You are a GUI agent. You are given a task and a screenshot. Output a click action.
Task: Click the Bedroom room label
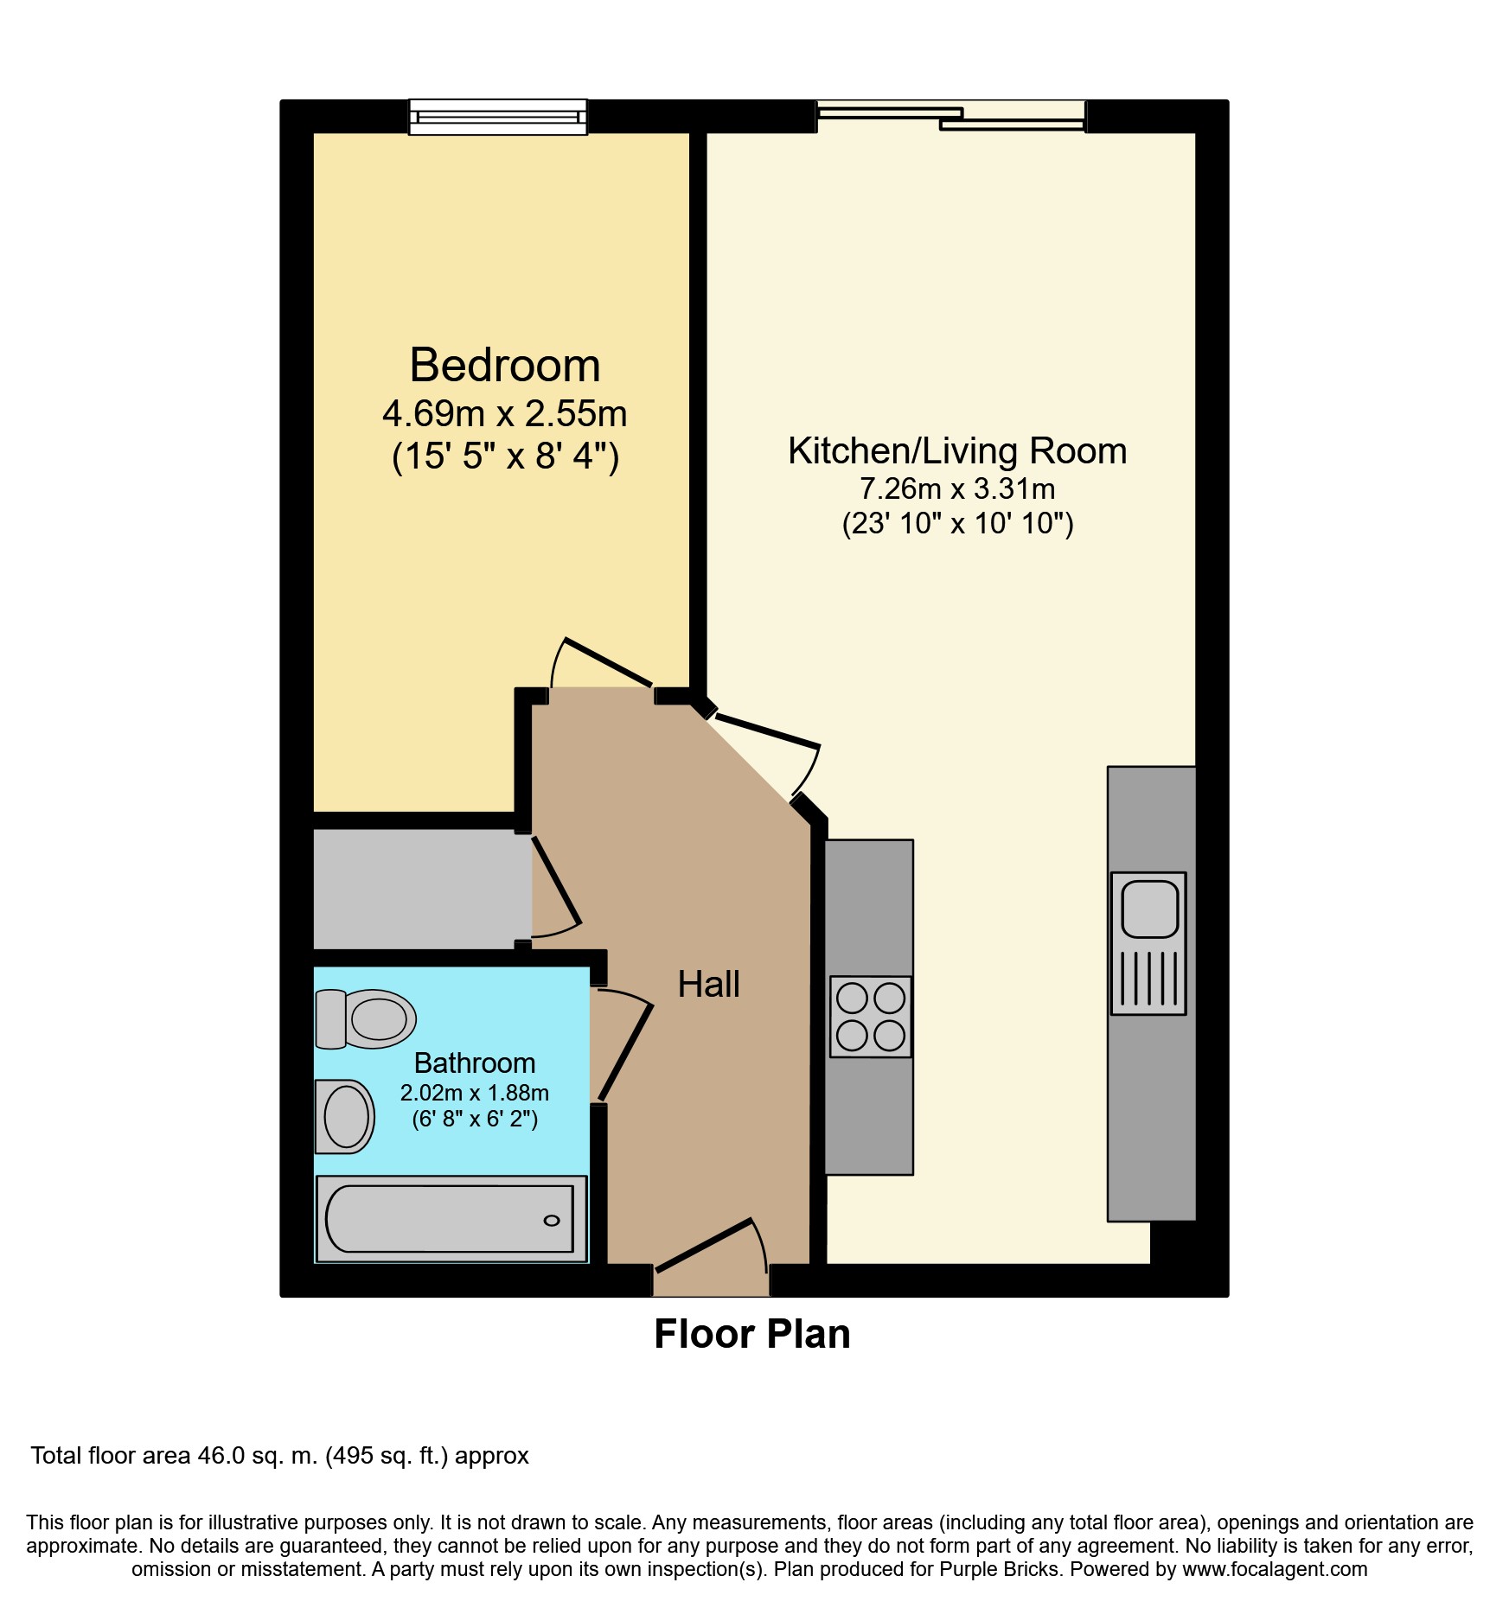click(504, 365)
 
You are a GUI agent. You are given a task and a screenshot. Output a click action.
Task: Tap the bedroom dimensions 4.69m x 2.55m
click(504, 414)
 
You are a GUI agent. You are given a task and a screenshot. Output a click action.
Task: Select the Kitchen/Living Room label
click(957, 451)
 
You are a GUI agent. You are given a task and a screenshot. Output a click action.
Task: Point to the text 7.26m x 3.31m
click(957, 489)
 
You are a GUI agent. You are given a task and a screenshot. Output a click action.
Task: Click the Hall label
click(708, 985)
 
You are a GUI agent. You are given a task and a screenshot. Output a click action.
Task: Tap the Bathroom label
click(475, 1062)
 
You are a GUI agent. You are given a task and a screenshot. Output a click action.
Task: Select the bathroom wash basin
click(345, 1116)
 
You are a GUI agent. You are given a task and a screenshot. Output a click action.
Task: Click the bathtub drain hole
click(551, 1221)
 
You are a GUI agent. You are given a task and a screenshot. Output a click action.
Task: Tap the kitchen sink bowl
click(1149, 909)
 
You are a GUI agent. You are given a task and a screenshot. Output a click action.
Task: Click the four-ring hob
click(870, 1017)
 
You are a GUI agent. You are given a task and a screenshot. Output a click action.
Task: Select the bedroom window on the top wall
click(497, 117)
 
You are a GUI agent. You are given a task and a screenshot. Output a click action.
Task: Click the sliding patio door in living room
click(950, 116)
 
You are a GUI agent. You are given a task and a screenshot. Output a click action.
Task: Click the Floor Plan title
click(752, 1334)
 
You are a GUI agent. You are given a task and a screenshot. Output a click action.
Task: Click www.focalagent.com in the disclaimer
click(1275, 1569)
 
